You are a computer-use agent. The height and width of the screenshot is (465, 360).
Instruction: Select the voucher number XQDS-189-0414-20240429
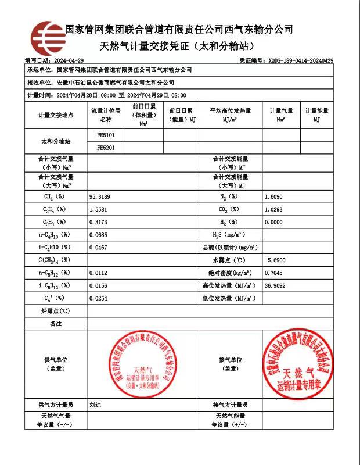300,60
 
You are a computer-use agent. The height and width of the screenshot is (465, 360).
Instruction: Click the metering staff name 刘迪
96,405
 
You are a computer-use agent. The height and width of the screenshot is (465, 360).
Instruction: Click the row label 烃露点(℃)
56,311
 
